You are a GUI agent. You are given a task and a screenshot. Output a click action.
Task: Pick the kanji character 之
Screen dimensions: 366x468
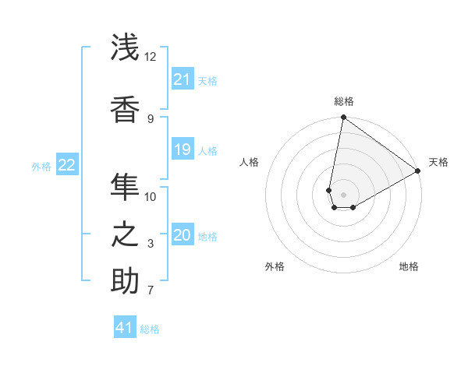(125, 234)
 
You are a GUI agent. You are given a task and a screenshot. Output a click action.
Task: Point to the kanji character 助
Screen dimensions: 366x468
(125, 281)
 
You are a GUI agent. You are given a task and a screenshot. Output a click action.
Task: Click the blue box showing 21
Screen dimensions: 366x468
(183, 79)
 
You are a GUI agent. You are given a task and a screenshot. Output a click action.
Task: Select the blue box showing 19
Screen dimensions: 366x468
(183, 150)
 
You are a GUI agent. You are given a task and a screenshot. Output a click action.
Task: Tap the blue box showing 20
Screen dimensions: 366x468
(183, 235)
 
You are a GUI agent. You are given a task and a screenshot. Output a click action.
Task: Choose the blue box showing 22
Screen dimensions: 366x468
(67, 165)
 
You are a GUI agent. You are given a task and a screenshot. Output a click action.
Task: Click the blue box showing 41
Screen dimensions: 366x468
(125, 328)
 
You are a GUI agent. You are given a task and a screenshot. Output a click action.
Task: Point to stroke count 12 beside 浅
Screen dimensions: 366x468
(150, 57)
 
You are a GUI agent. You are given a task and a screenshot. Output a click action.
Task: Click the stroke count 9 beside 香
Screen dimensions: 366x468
(151, 119)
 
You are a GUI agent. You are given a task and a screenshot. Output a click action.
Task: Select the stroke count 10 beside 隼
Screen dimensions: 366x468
(151, 196)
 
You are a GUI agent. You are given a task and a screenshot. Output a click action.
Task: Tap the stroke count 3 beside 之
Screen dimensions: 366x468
(151, 244)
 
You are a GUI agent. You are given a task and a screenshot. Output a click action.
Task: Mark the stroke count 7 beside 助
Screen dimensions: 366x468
(151, 291)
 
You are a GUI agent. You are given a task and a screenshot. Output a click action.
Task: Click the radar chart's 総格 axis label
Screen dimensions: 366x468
(343, 101)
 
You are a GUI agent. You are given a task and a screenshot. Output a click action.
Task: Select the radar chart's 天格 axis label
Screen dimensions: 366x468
(438, 162)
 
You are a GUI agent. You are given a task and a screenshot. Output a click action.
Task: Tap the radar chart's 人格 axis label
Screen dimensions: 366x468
(250, 162)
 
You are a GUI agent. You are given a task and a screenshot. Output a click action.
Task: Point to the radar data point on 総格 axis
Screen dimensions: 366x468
(343, 118)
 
